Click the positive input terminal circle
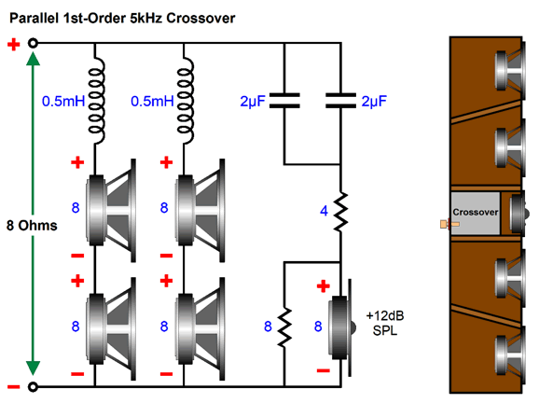[33, 43]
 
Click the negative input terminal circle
[33, 387]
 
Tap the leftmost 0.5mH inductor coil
[96, 101]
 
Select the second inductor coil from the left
[186, 101]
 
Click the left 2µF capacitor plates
[284, 101]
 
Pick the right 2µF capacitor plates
[340, 101]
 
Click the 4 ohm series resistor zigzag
[340, 212]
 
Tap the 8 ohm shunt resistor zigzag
[284, 327]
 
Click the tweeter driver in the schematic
[341, 327]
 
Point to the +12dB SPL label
[385, 323]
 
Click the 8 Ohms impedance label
[32, 226]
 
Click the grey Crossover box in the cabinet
[476, 214]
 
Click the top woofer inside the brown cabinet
[510, 71]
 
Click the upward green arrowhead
[33, 58]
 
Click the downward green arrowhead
[33, 368]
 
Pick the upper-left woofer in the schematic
[111, 211]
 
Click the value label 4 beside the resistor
[324, 211]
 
